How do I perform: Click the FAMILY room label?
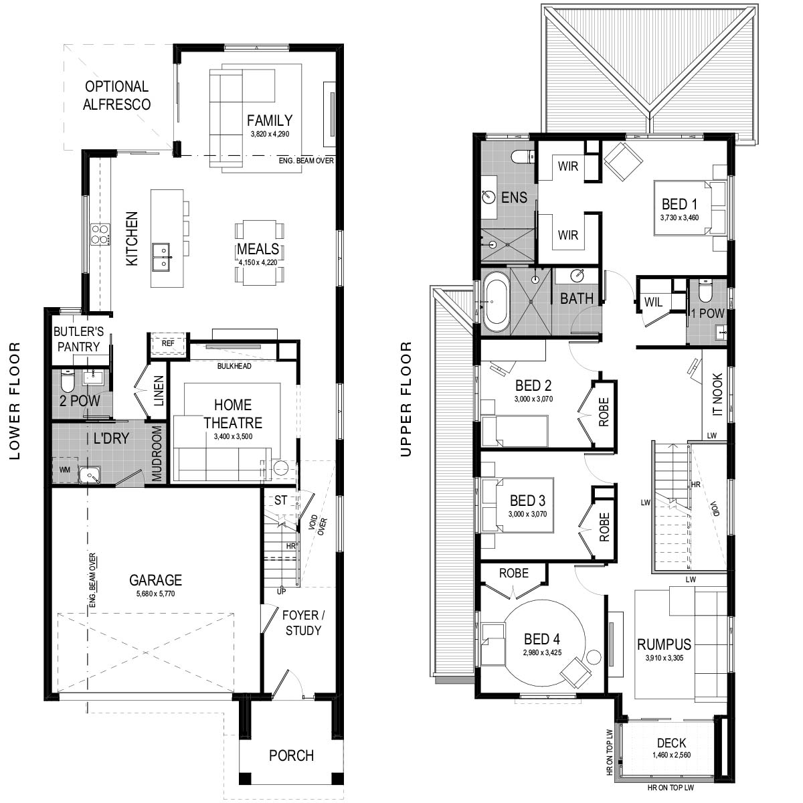point(270,120)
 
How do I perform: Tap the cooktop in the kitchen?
point(101,234)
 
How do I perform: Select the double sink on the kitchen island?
point(161,257)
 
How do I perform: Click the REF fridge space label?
point(168,343)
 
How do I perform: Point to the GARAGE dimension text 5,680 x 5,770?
point(155,594)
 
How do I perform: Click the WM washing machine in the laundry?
point(65,470)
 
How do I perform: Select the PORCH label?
point(291,755)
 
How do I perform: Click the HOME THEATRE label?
point(233,414)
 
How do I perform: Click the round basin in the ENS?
point(488,197)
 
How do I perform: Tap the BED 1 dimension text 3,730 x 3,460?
point(679,217)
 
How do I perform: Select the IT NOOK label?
point(717,394)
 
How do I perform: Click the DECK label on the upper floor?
point(671,743)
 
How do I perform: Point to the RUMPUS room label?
point(664,644)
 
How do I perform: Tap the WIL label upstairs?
point(653,302)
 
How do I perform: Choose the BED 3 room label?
point(527,501)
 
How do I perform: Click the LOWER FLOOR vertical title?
point(15,401)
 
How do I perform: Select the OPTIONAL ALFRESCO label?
point(116,96)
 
